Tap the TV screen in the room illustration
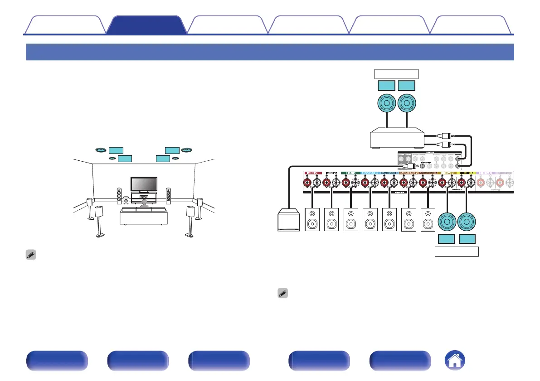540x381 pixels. click(144, 183)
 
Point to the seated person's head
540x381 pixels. click(144, 201)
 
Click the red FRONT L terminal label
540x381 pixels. click(312, 173)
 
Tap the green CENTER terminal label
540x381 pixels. click(350, 173)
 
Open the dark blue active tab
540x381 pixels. click(146, 25)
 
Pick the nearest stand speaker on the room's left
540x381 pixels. click(99, 220)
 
